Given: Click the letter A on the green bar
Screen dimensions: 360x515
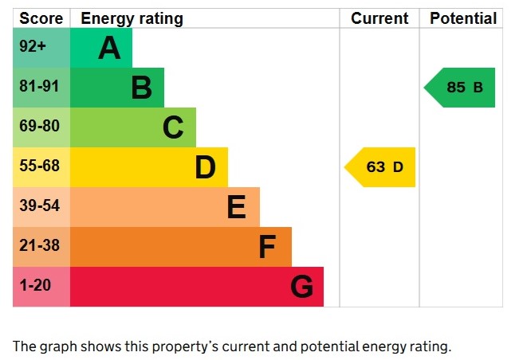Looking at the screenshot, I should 109,49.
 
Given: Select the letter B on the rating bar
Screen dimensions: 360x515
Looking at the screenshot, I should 141,88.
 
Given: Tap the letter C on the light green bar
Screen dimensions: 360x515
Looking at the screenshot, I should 173,127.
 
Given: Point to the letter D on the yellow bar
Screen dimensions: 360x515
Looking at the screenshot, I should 205,167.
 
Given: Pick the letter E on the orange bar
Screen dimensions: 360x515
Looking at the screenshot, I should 236,207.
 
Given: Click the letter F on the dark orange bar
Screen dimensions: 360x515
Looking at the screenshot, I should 267,247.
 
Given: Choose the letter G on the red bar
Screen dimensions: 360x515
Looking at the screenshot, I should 301,287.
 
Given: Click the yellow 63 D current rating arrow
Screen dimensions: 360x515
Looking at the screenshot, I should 382,167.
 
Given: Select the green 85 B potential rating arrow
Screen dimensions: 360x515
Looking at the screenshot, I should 462,88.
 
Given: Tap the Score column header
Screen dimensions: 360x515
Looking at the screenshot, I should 41,18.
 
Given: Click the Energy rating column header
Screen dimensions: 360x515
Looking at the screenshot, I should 132,18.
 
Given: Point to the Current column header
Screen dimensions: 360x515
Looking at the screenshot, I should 379,18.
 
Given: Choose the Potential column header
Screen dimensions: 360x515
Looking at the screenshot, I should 462,18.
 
